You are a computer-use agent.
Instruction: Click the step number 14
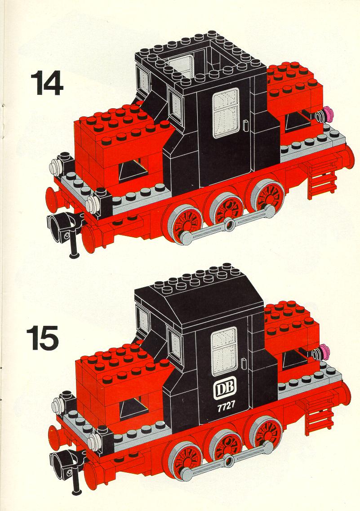(x=47, y=84)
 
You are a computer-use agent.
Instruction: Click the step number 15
(x=43, y=338)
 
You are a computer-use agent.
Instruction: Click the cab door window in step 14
(x=226, y=113)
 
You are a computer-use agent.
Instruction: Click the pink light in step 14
(x=330, y=115)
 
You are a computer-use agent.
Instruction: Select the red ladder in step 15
(x=319, y=417)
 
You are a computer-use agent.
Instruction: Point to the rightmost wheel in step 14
(x=265, y=196)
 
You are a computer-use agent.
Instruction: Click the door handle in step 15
(x=244, y=364)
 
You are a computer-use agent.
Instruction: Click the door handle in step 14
(x=246, y=125)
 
